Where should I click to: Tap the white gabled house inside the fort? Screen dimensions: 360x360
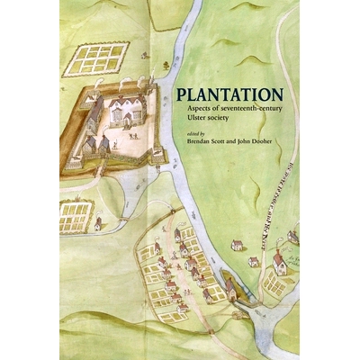(x=127, y=112)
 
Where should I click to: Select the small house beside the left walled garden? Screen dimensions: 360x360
(x=97, y=221)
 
